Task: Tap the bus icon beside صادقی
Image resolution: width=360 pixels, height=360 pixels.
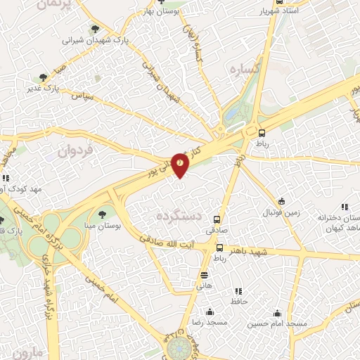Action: (217, 219)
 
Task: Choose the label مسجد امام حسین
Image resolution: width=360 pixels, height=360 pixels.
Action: (277, 324)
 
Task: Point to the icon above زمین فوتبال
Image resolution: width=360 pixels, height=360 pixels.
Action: (281, 200)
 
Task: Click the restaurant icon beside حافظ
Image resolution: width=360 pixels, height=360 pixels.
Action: (238, 290)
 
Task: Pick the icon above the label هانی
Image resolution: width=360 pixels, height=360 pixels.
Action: (204, 275)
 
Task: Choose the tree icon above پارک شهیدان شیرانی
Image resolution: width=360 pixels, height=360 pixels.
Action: (94, 30)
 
